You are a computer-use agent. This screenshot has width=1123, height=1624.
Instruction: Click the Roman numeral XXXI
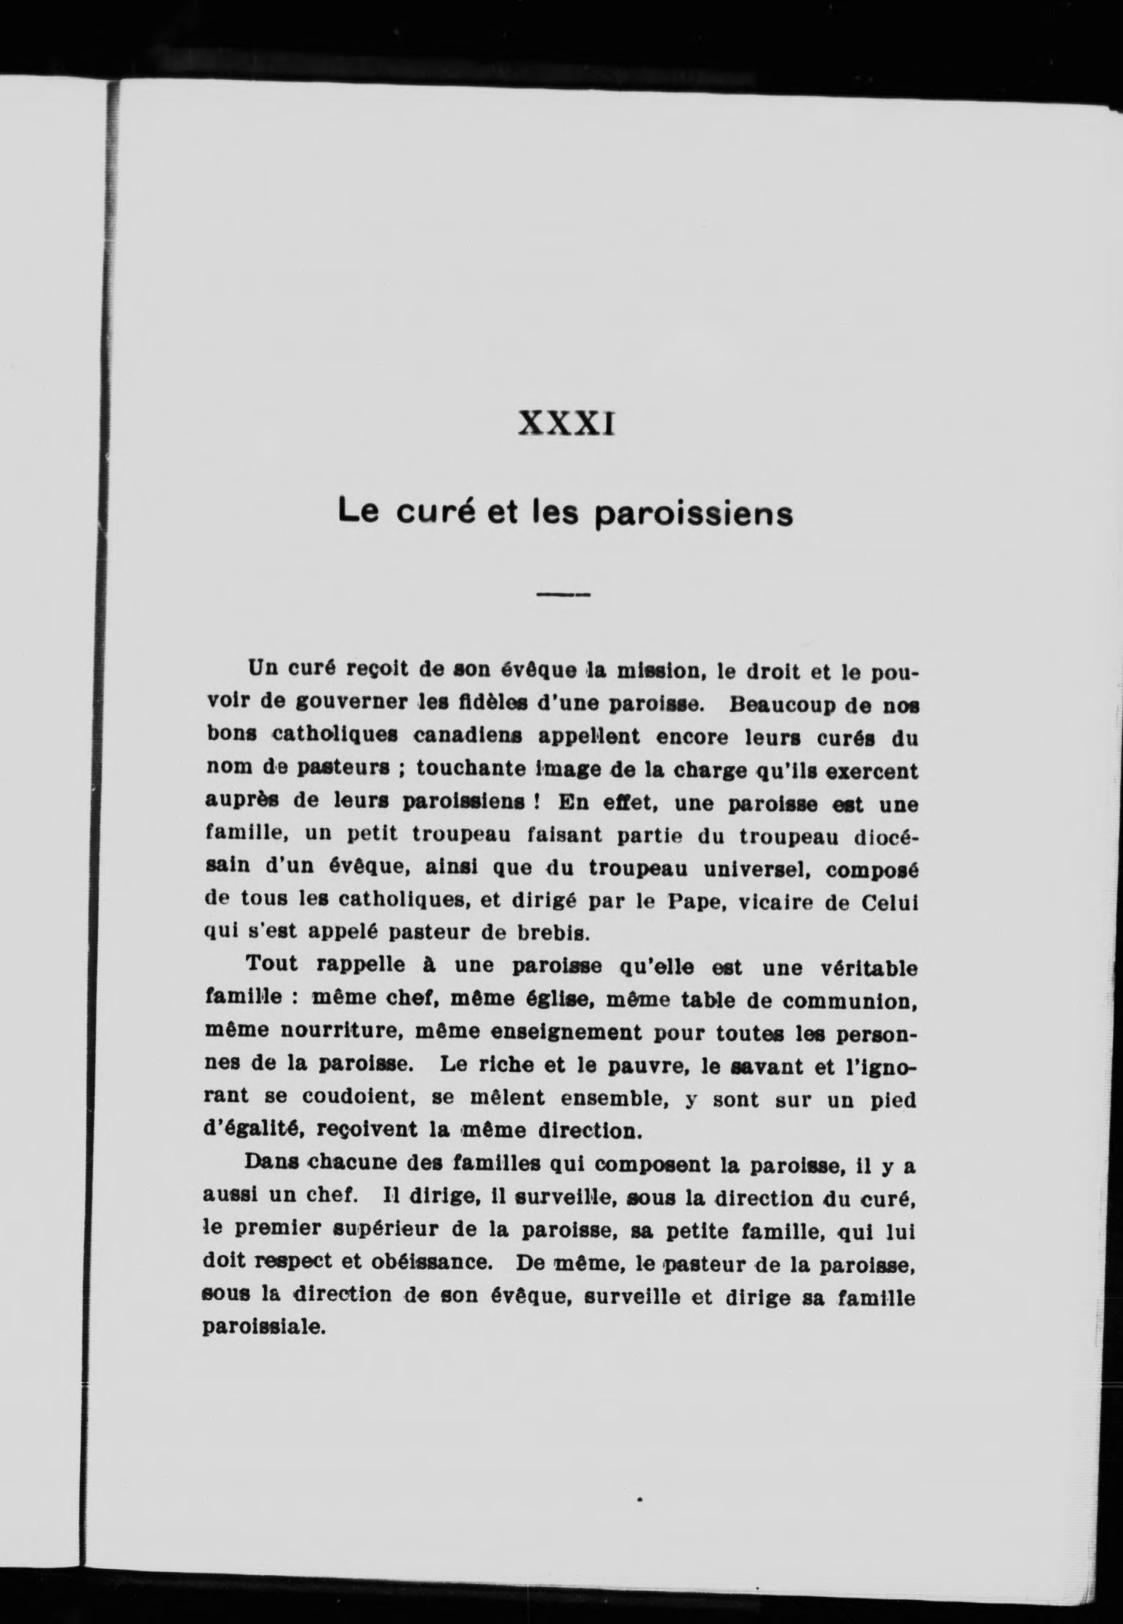tap(566, 424)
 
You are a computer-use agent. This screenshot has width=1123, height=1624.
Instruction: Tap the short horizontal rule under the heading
tap(563, 594)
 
